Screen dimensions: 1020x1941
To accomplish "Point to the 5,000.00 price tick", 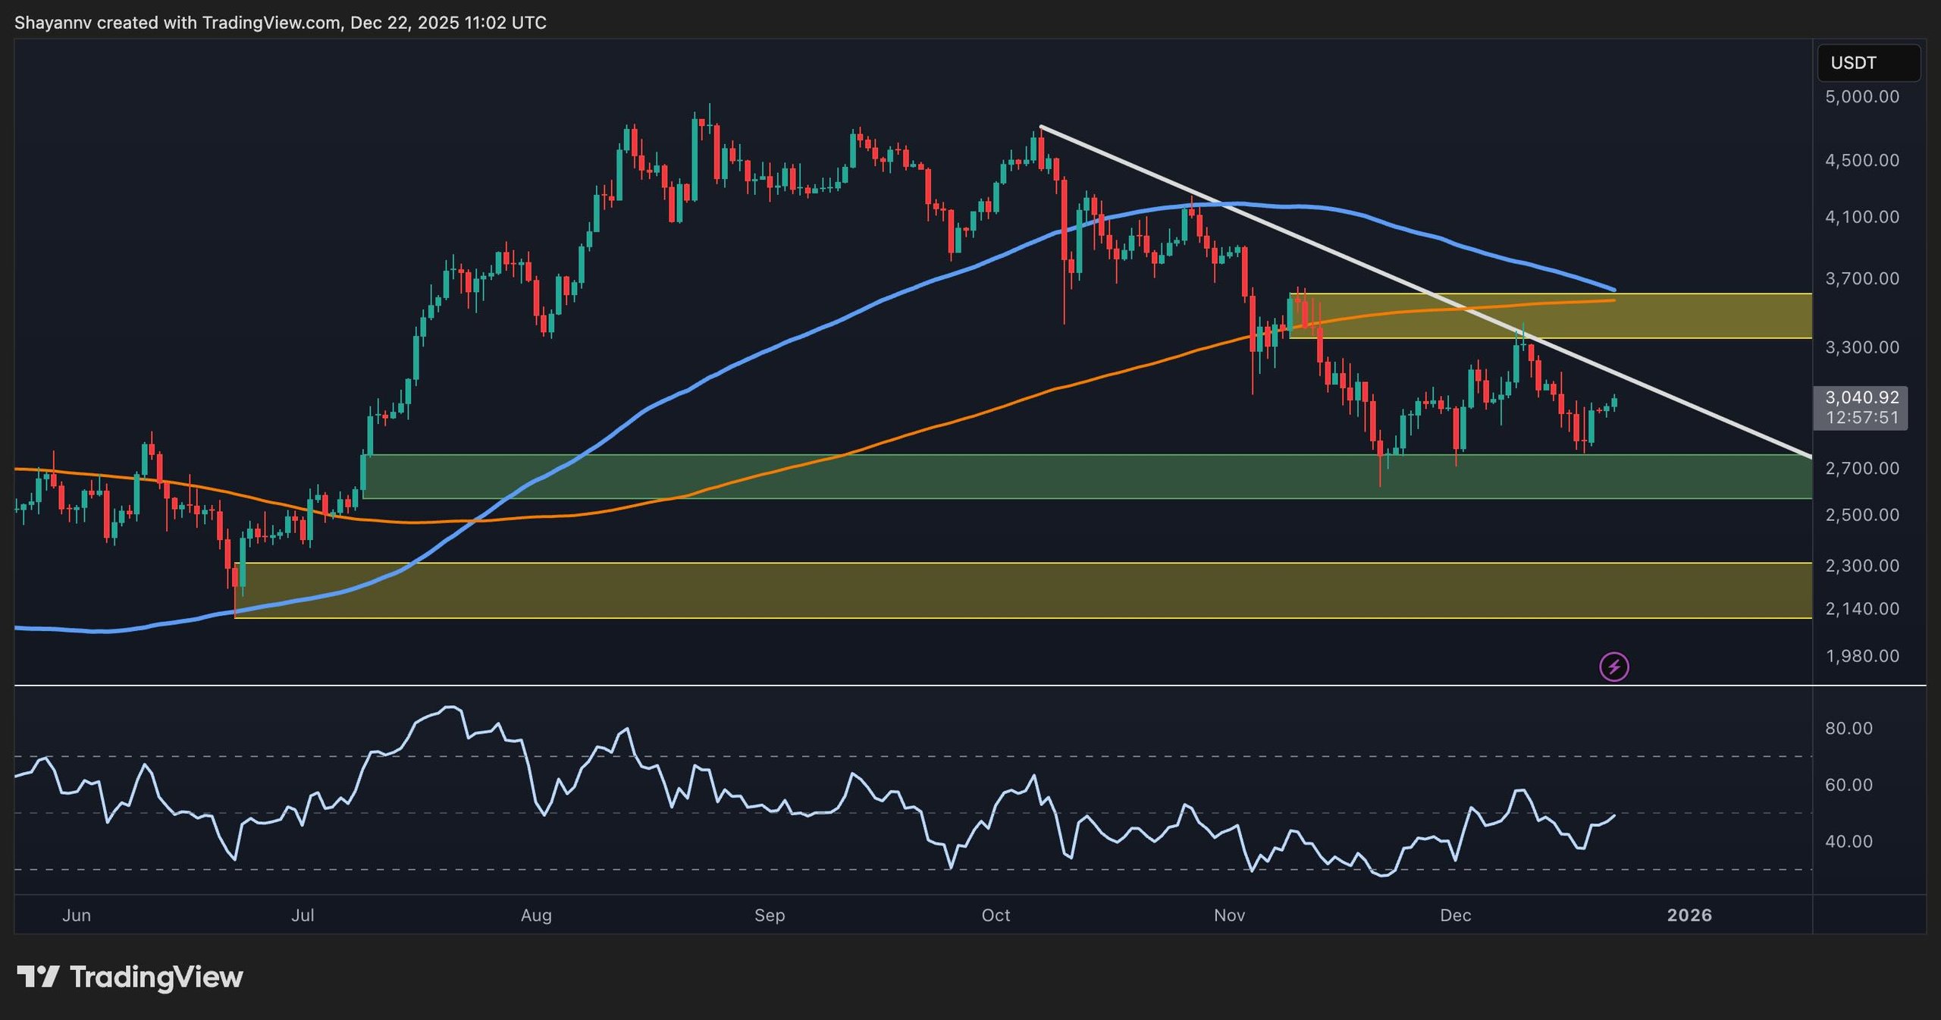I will pos(1861,97).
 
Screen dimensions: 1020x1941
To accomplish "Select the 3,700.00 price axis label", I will pos(1861,279).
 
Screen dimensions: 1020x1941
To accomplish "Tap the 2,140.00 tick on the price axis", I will pos(1861,609).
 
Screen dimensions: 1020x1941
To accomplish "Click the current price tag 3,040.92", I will pos(1861,397).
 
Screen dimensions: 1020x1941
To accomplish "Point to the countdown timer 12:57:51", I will pos(1861,418).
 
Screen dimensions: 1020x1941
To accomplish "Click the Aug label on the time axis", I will pos(536,915).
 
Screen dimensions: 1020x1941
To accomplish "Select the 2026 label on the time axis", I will pos(1689,915).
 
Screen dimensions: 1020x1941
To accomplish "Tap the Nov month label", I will pos(1229,915).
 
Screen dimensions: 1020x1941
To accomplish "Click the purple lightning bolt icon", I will pos(1614,667).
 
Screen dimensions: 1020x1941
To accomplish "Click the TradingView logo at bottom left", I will pos(130,977).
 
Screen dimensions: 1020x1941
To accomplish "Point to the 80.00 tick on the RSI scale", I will pos(1848,729).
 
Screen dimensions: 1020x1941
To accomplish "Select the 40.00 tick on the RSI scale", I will pos(1848,842).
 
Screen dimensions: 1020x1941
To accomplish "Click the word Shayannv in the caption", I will pos(52,23).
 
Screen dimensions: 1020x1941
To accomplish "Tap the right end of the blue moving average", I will pos(1613,290).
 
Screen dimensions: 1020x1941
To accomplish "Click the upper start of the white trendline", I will pos(1042,127).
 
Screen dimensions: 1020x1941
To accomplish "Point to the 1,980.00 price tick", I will pos(1861,656).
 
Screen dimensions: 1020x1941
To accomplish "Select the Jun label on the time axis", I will pos(77,915).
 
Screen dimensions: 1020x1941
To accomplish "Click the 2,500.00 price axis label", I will pos(1861,515).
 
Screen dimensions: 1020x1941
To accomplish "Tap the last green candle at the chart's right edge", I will pos(1615,403).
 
